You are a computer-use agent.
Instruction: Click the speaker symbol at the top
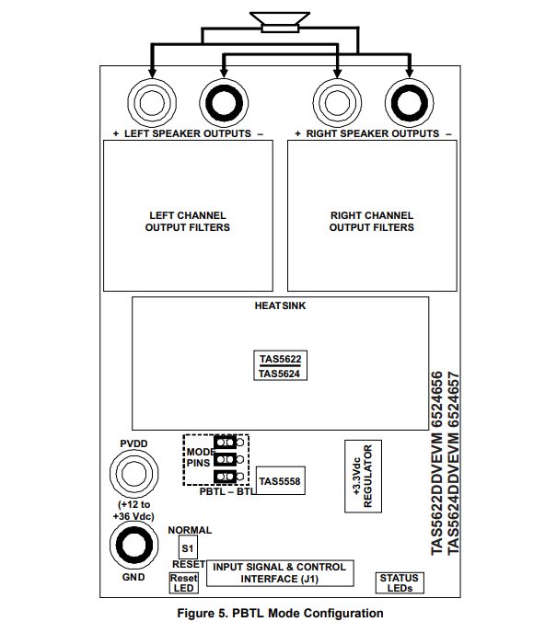pos(280,22)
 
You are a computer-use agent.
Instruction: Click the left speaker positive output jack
pos(152,103)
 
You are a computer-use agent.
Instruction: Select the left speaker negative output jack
pos(224,103)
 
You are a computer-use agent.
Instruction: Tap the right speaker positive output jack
pos(337,103)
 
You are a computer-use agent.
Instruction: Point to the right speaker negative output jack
pos(410,103)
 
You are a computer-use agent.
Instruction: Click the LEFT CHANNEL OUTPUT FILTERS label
pos(188,222)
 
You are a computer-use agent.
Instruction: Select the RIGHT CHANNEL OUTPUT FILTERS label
pos(372,222)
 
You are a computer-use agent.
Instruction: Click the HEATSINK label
pos(280,305)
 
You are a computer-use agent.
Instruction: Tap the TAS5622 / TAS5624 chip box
pos(281,365)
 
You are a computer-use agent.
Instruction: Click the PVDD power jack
pos(134,473)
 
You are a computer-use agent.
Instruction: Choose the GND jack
pos(134,545)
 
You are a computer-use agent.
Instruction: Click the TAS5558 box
pos(281,481)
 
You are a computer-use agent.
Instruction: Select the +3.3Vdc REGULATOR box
pos(363,477)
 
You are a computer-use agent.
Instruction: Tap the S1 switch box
pos(188,547)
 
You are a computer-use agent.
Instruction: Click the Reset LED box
pos(184,583)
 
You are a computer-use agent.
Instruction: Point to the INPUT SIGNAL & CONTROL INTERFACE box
pos(280,573)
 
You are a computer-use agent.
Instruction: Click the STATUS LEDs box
pos(400,583)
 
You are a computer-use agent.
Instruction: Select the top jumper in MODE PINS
pos(228,442)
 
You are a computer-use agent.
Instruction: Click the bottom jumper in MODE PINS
pos(228,477)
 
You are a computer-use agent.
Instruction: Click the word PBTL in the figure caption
pos(249,613)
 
